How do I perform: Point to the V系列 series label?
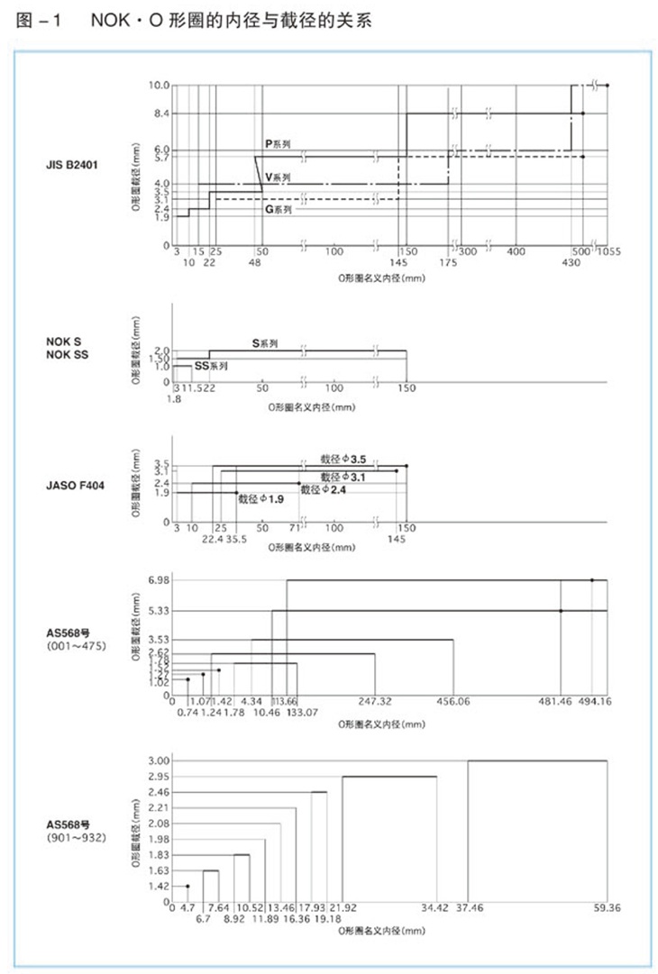pos(278,178)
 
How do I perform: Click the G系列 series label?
pos(278,210)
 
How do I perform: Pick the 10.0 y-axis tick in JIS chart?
pos(159,86)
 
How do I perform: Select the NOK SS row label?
pos(67,354)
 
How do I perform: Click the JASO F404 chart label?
pos(75,486)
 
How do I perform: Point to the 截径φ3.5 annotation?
pos(343,459)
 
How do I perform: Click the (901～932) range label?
pos(72,838)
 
